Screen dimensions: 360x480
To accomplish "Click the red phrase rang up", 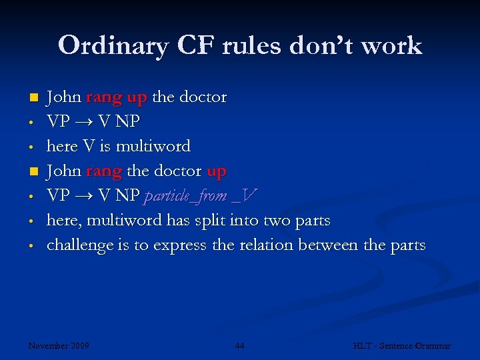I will tap(117, 97).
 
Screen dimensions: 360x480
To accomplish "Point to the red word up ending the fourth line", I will tap(217, 171).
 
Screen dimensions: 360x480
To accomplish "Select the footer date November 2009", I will tap(59, 345).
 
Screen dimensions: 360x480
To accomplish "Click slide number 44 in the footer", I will tap(239, 345).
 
